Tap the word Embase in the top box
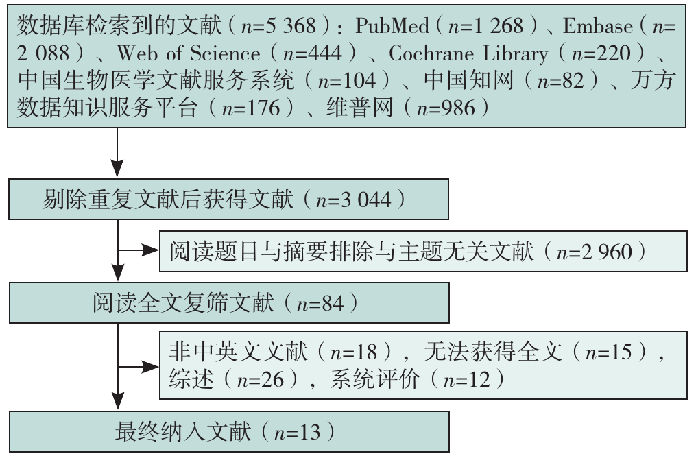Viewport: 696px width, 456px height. pos(598,26)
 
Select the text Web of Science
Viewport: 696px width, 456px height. pos(189,53)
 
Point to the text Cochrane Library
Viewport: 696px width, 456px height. pos(468,53)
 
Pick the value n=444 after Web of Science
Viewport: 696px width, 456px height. pos(319,53)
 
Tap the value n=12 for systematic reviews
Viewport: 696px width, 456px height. pos(466,379)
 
